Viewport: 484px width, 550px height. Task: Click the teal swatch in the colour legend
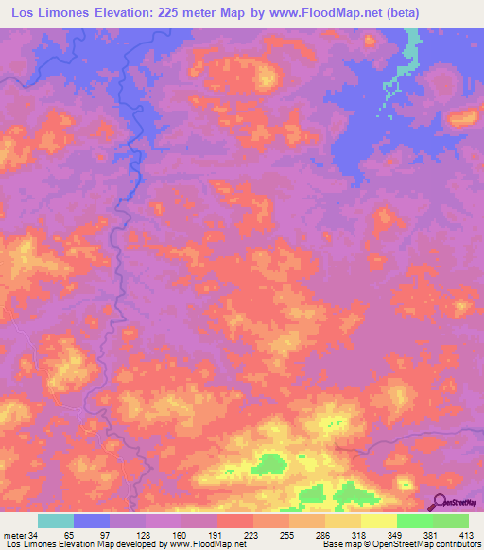[56, 522]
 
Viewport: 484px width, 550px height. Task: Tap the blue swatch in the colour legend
[92, 522]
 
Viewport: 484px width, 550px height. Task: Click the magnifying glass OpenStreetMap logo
[440, 500]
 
